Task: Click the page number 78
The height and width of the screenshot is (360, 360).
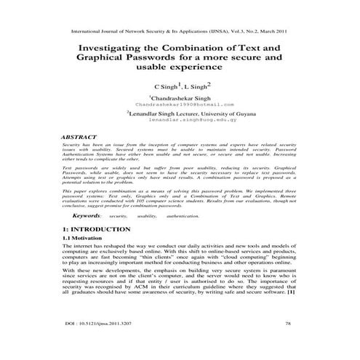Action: click(288, 342)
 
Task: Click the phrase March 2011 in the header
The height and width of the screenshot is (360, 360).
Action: click(277, 32)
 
